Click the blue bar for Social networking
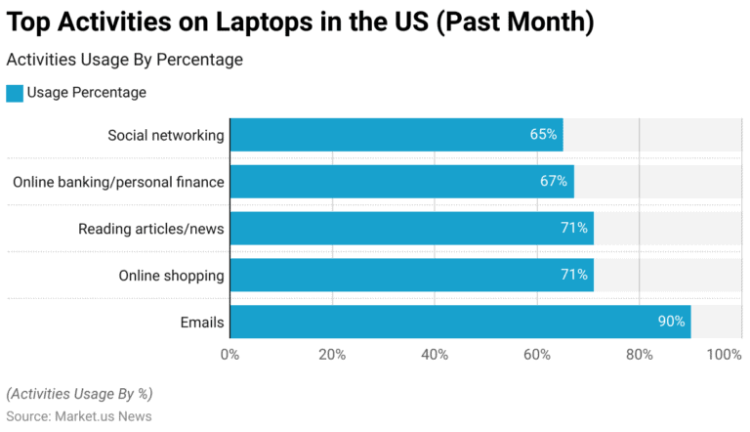(x=396, y=135)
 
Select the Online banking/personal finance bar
(x=401, y=182)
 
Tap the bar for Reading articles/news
(x=411, y=229)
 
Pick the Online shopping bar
(x=411, y=276)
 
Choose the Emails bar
(x=460, y=323)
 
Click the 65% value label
(x=543, y=135)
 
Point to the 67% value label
(x=554, y=182)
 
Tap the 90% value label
(x=671, y=323)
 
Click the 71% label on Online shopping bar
(x=573, y=276)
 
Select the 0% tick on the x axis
(x=230, y=354)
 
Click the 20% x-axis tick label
(x=332, y=354)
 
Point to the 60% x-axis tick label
(x=536, y=354)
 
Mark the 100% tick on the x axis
(x=724, y=354)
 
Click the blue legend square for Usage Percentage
(x=15, y=93)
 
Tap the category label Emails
(x=201, y=323)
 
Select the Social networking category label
(x=165, y=135)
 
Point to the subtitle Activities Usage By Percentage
(x=124, y=60)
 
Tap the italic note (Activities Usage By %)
(x=79, y=394)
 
